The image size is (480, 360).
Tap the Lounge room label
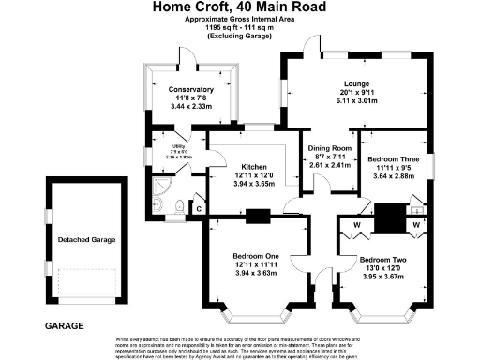(355, 83)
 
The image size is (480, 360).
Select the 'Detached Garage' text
(85, 240)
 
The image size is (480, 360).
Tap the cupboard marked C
(199, 206)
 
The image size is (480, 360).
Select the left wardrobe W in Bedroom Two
(358, 224)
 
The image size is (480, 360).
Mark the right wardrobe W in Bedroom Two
(416, 224)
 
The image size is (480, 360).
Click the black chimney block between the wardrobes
(387, 218)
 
